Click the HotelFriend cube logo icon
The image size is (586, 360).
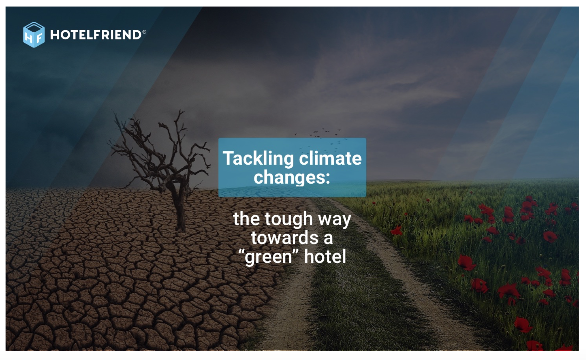coord(34,35)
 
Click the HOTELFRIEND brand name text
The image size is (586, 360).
coord(96,35)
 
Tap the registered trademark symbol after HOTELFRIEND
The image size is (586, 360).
coord(144,32)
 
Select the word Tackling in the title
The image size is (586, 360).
coord(258,159)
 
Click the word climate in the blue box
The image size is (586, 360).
coord(330,158)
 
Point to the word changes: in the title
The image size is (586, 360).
coord(292,177)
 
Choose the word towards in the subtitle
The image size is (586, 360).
coord(285,237)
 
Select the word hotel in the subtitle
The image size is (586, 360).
coord(325,256)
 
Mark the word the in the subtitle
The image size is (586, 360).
coord(246,218)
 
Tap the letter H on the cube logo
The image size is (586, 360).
coord(29,38)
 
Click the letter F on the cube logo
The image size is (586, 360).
coord(39,38)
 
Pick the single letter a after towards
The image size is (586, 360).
coord(328,239)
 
